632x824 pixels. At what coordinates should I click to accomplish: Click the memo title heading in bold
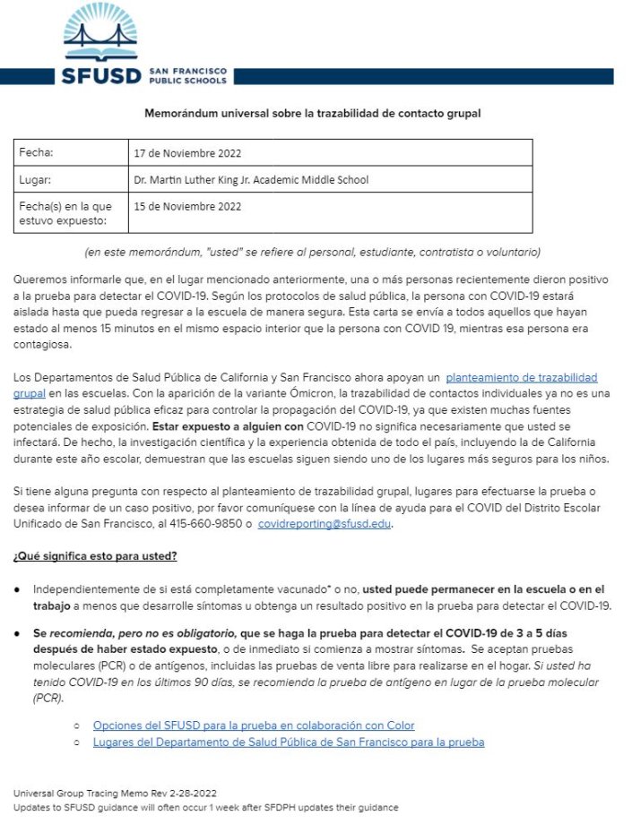click(313, 114)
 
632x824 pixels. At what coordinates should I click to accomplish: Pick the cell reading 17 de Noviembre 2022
click(187, 154)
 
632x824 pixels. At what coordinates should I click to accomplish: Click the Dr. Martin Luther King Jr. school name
click(251, 180)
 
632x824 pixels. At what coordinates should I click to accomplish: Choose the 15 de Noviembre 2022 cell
click(187, 206)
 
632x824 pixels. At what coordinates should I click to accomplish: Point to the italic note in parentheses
click(313, 251)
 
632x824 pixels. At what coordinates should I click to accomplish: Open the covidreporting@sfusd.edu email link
click(325, 525)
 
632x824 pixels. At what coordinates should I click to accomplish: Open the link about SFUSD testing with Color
click(254, 725)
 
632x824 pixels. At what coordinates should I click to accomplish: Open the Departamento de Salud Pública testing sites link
click(288, 742)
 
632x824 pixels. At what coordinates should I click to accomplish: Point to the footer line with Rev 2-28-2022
click(114, 794)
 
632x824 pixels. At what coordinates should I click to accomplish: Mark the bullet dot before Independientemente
click(19, 590)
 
